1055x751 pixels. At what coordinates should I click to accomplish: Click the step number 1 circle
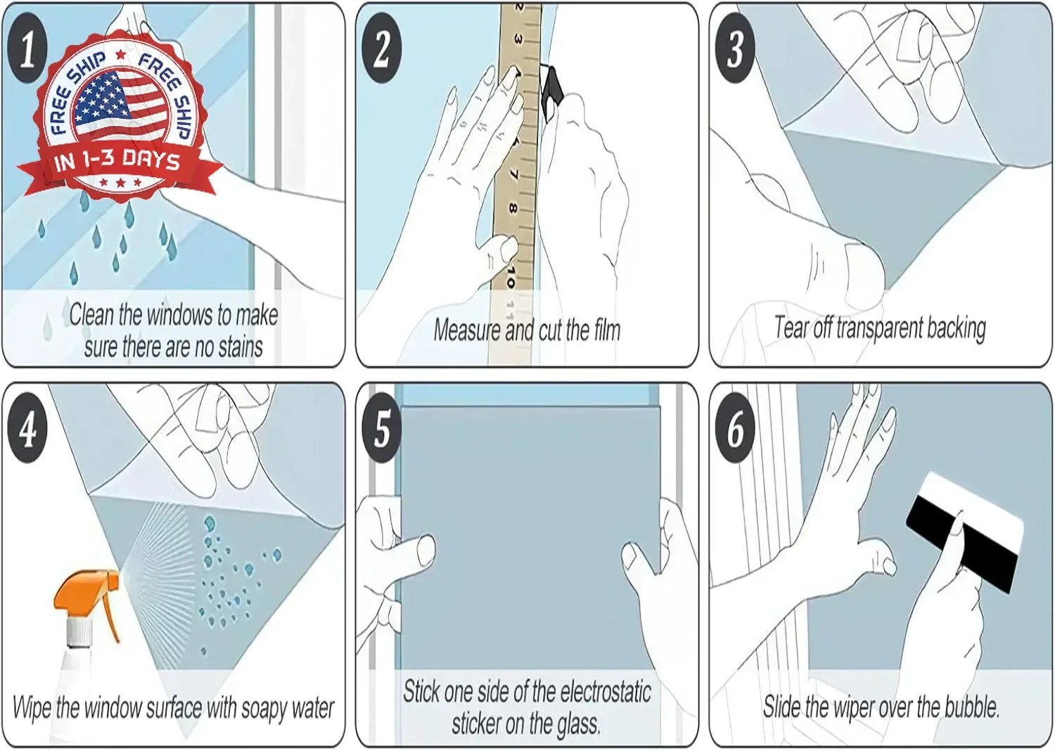point(28,49)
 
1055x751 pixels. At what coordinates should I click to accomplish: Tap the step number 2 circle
point(381,49)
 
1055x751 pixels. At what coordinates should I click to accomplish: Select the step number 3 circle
point(735,49)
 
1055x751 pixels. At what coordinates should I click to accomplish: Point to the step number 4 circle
point(28,428)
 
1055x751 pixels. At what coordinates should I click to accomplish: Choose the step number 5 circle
point(381,428)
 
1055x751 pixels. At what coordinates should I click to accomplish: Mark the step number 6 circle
point(735,428)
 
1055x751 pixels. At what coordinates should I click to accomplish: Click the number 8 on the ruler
point(513,209)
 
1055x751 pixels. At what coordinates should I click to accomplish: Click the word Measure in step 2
point(467,330)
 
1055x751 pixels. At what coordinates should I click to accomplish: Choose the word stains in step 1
point(241,347)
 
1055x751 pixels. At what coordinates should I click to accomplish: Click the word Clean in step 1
point(92,314)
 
